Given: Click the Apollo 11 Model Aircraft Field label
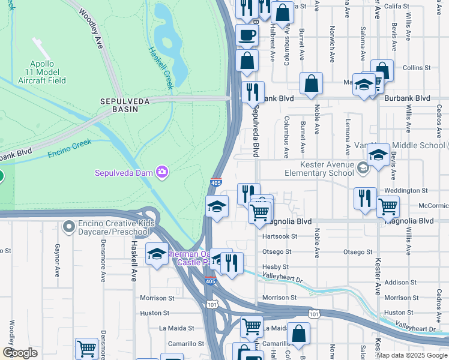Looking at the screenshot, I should pos(43,72).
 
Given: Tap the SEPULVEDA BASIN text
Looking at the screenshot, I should pos(124,102).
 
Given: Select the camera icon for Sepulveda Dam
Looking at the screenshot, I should pos(161,173).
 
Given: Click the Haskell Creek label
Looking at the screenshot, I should pos(161,68).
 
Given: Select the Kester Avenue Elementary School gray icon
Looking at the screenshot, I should pos(362,167).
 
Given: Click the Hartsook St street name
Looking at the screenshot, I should pos(279,236).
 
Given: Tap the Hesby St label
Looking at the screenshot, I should pos(276,267).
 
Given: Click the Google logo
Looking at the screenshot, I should pos(20,353).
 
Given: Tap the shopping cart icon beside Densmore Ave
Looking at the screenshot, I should pos(86,348).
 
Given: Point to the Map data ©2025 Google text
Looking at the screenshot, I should pos(411,355).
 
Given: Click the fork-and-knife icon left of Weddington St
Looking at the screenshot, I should pos(365,197).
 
